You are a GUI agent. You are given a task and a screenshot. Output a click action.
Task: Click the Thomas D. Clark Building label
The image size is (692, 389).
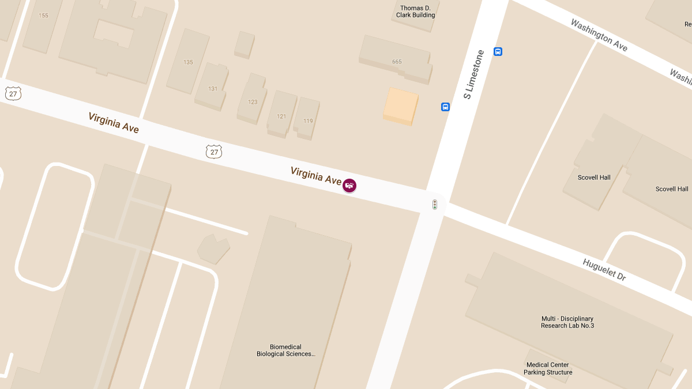[416, 12]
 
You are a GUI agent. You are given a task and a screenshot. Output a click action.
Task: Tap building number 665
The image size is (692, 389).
[396, 62]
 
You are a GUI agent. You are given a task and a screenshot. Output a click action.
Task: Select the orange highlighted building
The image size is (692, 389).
[400, 105]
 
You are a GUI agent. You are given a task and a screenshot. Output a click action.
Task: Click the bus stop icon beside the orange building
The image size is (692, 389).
[445, 107]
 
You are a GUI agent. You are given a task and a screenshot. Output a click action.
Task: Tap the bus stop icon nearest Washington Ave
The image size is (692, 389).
[498, 52]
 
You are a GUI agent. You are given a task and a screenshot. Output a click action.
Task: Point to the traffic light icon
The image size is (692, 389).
[435, 205]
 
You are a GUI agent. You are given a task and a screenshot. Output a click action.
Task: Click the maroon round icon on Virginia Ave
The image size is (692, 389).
[349, 186]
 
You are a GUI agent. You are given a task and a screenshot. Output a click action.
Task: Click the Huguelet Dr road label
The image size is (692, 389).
[604, 270]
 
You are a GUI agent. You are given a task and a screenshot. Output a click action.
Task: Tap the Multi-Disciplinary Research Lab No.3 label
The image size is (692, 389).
[567, 322]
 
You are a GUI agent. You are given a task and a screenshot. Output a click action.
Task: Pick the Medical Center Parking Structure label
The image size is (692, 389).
[548, 368]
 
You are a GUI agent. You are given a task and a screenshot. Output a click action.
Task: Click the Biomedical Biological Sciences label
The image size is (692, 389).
[286, 350]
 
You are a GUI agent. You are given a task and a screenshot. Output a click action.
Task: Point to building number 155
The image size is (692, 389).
[44, 16]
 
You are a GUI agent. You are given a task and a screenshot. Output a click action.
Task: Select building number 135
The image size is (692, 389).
[188, 62]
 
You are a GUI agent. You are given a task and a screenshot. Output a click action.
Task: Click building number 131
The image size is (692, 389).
[213, 89]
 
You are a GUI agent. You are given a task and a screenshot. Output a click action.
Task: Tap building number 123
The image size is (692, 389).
[253, 102]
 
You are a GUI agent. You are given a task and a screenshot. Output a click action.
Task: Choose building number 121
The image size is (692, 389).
[281, 116]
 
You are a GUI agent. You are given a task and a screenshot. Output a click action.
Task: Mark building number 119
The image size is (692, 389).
[308, 121]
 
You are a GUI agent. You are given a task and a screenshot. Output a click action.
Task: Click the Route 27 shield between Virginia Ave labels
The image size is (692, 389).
[214, 152]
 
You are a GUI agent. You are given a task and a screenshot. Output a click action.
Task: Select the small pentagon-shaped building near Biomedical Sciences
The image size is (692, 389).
[213, 249]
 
